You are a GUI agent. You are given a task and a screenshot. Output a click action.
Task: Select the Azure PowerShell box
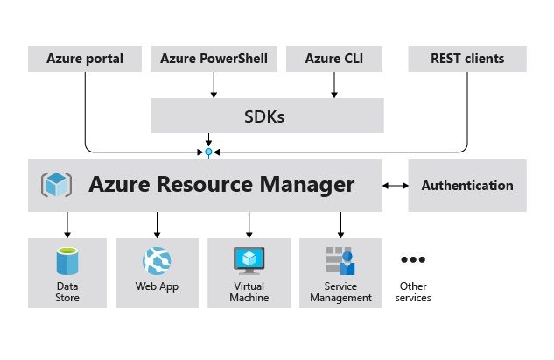214,60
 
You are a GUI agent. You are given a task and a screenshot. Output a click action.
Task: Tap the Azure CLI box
333,60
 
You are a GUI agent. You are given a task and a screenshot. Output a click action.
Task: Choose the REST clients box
467,60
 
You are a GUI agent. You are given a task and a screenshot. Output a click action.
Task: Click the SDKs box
267,115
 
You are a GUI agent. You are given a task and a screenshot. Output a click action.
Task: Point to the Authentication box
467,186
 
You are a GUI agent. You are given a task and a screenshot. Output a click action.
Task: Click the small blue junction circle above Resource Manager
208,152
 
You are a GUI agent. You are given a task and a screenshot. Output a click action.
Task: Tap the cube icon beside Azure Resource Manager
57,186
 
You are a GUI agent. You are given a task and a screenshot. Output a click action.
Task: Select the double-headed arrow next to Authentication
396,186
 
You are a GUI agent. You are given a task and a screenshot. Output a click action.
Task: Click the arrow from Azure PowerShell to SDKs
214,84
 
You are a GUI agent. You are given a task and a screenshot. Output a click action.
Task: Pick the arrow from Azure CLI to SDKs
333,84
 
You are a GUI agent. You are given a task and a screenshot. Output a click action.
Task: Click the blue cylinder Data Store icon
67,262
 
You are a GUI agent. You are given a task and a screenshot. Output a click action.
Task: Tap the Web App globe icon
158,260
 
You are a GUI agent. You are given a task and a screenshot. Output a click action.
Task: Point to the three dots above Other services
412,260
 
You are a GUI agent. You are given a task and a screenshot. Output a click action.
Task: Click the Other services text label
412,292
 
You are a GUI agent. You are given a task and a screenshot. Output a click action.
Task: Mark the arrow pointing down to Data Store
67,225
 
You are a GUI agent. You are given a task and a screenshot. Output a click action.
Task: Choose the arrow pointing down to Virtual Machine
249,225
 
